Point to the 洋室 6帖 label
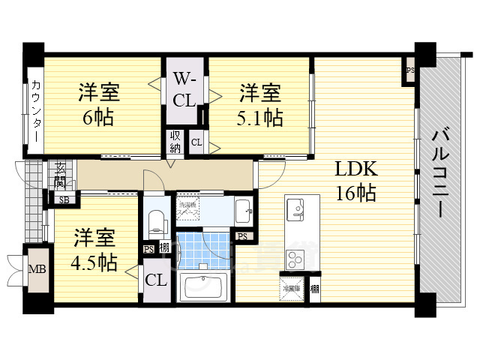[98, 105]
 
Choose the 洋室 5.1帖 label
[259, 105]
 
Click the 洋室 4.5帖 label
[94, 251]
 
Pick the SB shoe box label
[64, 199]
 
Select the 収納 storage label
[175, 142]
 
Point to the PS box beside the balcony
[409, 70]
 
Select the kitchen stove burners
[294, 257]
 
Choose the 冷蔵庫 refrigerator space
[293, 285]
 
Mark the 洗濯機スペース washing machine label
[187, 208]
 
